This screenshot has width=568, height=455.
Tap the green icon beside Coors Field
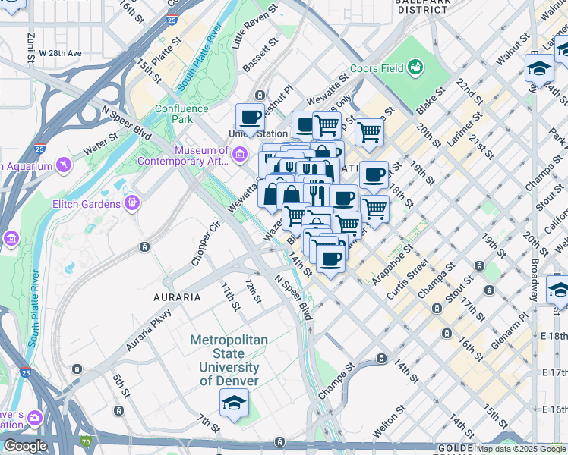(415, 69)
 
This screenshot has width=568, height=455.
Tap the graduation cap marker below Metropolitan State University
(234, 404)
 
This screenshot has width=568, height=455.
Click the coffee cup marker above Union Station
(249, 118)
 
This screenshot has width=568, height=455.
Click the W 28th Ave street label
(60, 53)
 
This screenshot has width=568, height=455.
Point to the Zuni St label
(31, 46)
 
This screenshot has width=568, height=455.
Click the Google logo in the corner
(24, 446)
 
